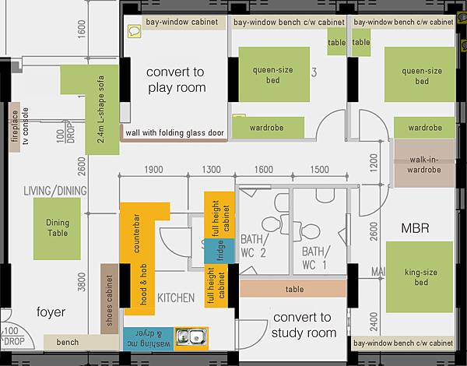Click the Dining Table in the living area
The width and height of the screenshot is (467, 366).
57,229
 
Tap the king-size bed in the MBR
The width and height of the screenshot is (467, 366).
420,277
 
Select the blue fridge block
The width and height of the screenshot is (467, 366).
219,252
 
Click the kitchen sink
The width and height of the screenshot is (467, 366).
191,339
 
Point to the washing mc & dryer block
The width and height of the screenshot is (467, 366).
149,339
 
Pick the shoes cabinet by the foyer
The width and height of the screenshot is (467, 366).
110,299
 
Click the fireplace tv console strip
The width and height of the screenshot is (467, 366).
15,127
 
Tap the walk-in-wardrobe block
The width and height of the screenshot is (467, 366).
424,164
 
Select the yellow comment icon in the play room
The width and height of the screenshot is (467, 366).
135,31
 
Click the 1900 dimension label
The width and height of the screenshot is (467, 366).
153,169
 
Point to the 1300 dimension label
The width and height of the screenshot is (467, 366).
211,169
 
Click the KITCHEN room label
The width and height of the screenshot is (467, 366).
176,297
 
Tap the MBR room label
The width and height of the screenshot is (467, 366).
415,228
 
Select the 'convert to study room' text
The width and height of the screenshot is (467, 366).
304,326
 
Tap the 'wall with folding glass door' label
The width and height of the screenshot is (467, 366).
174,133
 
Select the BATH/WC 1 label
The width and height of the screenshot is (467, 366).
316,258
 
